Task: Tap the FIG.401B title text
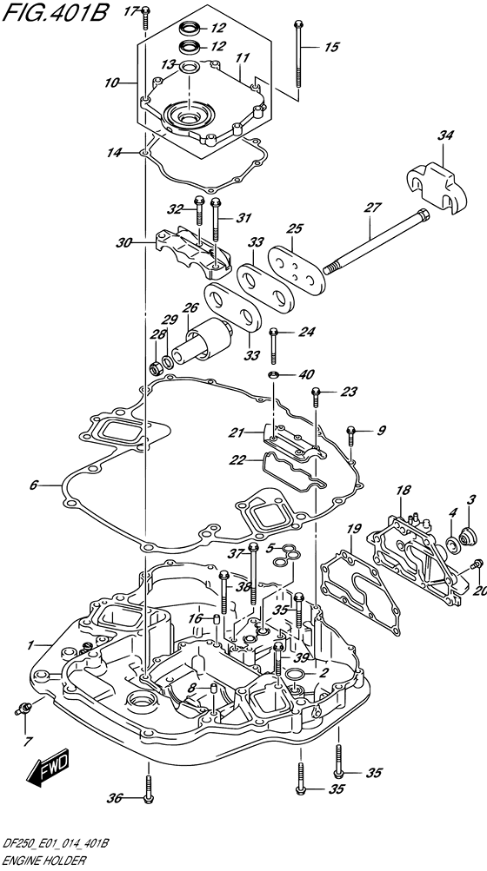click(55, 13)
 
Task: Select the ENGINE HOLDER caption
click(44, 861)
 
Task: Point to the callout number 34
click(445, 135)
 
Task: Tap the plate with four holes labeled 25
click(296, 269)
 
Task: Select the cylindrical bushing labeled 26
click(203, 341)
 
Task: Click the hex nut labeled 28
click(157, 367)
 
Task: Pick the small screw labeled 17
click(144, 17)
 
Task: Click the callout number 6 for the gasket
click(33, 485)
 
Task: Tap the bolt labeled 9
click(350, 437)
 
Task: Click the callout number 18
click(404, 490)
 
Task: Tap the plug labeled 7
click(24, 708)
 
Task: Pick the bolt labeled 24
click(273, 345)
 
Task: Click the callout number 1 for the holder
click(31, 645)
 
